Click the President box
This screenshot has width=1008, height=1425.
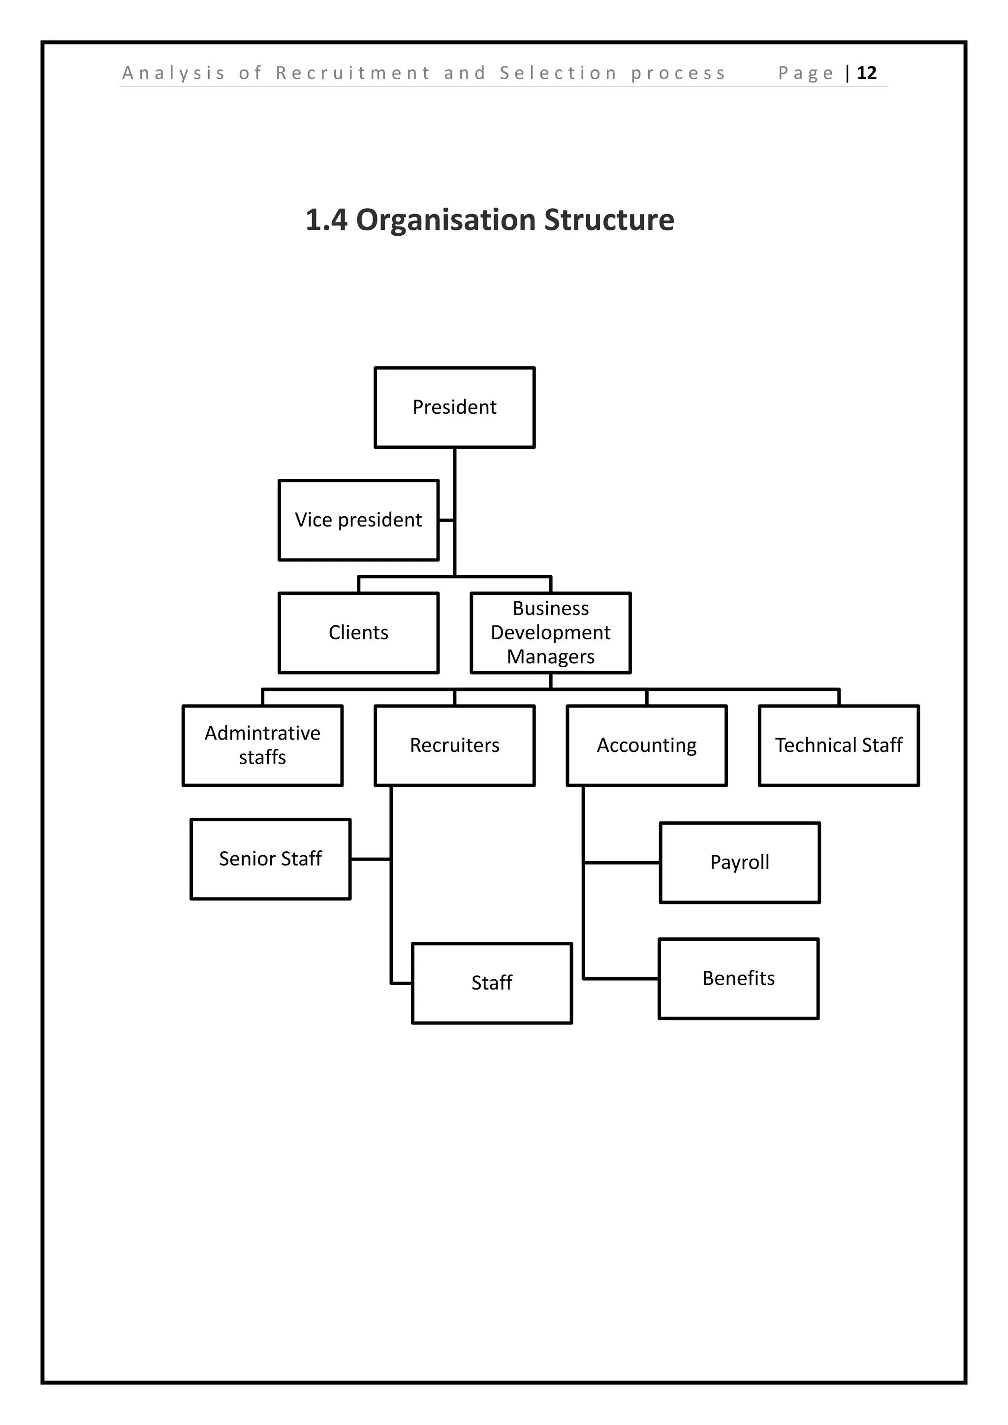point(454,407)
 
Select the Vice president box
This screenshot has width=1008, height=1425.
point(358,520)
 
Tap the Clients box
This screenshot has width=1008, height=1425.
point(358,632)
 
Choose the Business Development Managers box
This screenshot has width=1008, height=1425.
point(551,632)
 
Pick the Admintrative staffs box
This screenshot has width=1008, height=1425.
point(262,745)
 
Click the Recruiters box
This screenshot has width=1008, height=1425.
point(454,745)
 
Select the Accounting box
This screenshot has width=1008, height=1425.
point(646,745)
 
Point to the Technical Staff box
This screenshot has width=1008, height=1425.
point(839,745)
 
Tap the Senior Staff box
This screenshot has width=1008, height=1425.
point(270,859)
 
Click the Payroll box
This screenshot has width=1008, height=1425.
point(739,862)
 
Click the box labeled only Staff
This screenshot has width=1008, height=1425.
point(492,983)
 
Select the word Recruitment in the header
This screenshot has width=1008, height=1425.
point(353,73)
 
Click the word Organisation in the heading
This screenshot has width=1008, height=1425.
point(445,220)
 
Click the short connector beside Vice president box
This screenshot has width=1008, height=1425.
point(446,520)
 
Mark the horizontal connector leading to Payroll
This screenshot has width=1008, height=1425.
point(621,862)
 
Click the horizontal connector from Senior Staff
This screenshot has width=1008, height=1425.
point(371,859)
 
